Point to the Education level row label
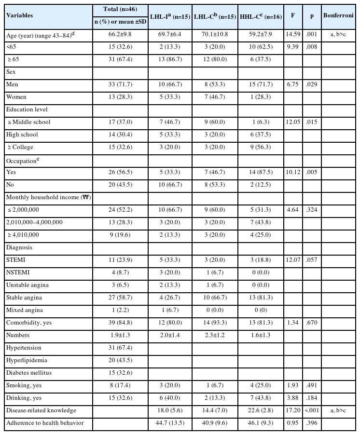[27, 109]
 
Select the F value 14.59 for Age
[293, 35]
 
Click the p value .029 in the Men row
[310, 85]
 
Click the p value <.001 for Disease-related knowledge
[310, 410]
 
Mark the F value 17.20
[293, 410]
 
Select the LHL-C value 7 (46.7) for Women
[214, 97]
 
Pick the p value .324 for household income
[310, 210]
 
